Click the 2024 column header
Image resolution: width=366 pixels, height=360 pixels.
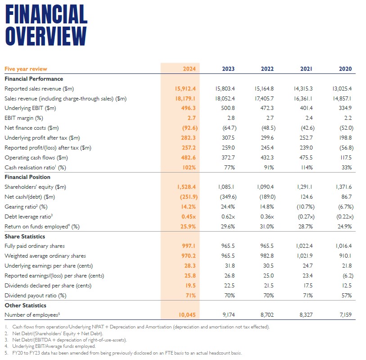(189, 68)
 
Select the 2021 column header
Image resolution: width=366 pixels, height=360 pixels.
(306, 68)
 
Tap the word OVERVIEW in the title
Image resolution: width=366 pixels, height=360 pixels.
(46, 36)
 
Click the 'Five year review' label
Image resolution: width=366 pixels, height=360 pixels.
(26, 69)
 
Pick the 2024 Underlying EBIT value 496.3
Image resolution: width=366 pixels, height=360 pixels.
(188, 108)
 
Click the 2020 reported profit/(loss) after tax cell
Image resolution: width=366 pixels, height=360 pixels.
(346, 148)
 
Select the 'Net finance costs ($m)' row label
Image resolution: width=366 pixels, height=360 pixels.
(32, 128)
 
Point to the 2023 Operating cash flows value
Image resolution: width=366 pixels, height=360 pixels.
(228, 158)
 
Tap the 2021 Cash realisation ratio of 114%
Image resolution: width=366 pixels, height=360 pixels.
(306, 168)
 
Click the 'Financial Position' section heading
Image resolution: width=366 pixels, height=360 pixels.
(27, 177)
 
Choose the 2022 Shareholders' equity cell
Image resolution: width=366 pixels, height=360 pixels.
(265, 187)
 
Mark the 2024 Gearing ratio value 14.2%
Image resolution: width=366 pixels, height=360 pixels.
(188, 207)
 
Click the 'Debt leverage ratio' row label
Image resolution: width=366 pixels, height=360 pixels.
(28, 217)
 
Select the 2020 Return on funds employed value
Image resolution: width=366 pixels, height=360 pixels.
(344, 226)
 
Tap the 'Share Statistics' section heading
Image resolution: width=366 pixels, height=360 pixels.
(25, 237)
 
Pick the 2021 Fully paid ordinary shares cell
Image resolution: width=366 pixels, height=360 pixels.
(304, 246)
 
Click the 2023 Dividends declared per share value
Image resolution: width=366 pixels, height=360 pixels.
(230, 286)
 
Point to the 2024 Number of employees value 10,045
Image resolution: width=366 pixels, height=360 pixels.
(187, 315)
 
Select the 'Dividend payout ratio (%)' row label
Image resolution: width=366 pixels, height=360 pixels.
(36, 296)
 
